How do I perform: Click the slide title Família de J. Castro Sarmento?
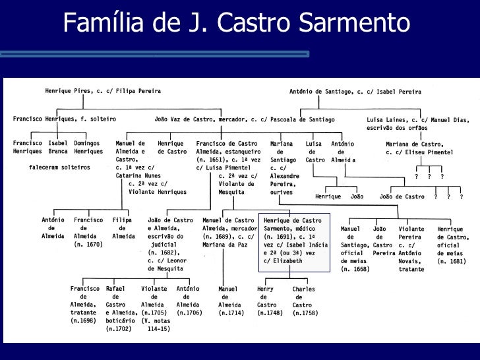[237, 24]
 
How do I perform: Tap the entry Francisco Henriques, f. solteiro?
[65, 119]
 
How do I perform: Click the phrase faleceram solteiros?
[59, 167]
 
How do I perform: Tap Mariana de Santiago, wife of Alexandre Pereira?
[284, 167]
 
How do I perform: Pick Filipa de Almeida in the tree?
[123, 227]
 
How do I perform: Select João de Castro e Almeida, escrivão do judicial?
[170, 244]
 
